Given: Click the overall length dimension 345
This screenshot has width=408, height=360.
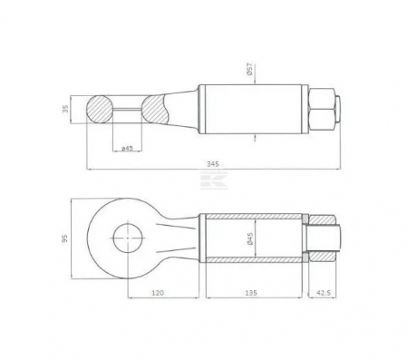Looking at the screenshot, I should click(212, 163).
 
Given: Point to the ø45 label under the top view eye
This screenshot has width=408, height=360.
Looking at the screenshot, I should click(128, 146).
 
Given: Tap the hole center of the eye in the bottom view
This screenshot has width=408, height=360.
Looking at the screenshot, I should click(126, 238).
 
